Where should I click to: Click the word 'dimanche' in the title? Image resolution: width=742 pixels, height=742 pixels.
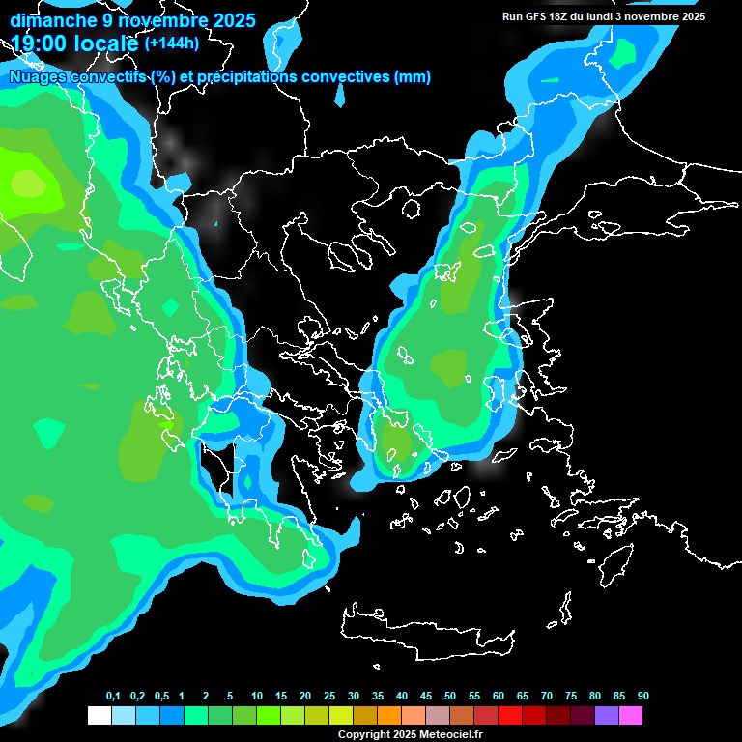click(x=52, y=20)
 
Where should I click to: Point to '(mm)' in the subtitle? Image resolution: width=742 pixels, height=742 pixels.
click(x=413, y=77)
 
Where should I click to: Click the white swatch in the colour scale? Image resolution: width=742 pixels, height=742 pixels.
click(x=99, y=716)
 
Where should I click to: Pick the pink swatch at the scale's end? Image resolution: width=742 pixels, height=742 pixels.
click(x=631, y=716)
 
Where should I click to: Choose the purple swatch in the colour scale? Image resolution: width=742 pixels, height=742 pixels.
click(x=607, y=716)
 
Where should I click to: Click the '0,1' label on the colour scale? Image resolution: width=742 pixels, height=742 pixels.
click(x=113, y=697)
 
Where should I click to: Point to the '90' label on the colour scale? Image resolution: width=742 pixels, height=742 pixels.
click(x=643, y=697)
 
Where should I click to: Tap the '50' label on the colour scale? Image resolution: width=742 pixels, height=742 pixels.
click(x=450, y=697)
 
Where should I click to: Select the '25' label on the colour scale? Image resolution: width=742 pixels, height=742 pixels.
click(x=329, y=697)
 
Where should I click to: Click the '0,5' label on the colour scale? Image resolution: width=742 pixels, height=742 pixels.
click(x=161, y=697)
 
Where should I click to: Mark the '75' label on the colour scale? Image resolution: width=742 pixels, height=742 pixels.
click(x=571, y=697)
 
